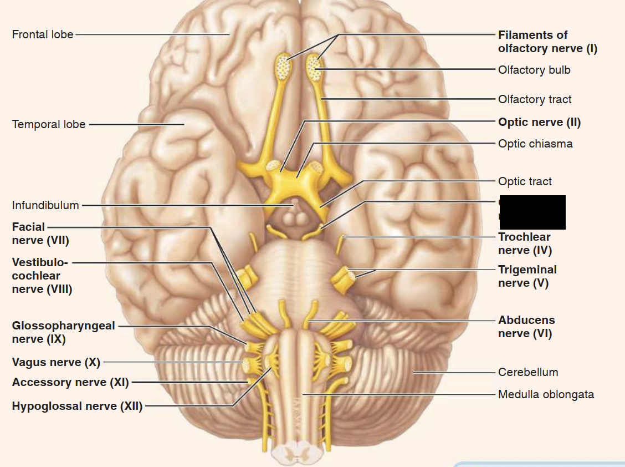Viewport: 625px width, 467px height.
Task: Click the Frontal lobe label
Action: click(42, 34)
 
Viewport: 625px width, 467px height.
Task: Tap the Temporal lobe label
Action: click(49, 124)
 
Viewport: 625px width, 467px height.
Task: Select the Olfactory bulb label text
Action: click(534, 70)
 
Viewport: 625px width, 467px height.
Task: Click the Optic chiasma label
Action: click(535, 144)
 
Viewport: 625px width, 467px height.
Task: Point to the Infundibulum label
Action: click(45, 205)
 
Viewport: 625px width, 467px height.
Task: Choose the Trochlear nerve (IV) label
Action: click(524, 243)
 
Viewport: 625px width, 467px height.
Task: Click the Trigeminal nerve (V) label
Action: click(527, 276)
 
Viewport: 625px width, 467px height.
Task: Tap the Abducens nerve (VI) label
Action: click(526, 327)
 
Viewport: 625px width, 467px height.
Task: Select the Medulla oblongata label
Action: click(546, 394)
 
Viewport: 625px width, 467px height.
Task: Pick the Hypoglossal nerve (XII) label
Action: click(77, 406)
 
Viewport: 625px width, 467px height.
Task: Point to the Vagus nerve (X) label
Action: click(56, 362)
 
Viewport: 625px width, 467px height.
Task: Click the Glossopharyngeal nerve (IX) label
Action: click(63, 332)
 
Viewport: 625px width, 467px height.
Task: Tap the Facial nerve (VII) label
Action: click(40, 233)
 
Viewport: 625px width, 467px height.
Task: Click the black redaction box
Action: click(532, 212)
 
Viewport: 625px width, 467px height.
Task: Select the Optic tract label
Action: click(524, 181)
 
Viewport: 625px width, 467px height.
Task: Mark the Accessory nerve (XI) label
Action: click(70, 382)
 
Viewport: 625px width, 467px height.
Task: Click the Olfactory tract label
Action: click(534, 99)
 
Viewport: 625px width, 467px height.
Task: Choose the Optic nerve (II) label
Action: click(539, 122)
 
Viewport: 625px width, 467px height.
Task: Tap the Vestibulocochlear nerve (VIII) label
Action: click(42, 276)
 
